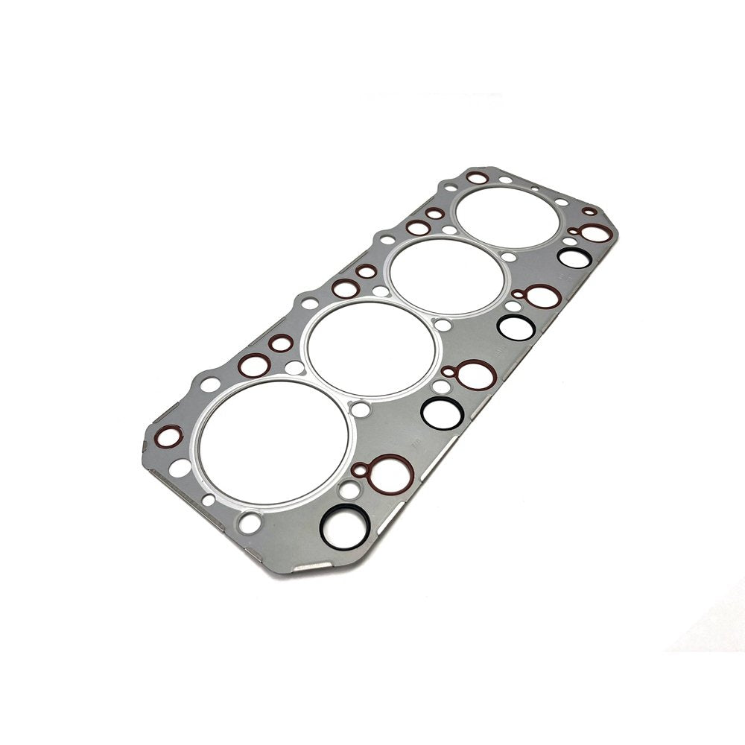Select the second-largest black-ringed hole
(x=440, y=410)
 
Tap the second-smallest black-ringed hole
(x=513, y=326)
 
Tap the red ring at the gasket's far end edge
(x=478, y=178)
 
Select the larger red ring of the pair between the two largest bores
(x=254, y=365)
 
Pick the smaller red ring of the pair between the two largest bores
(x=280, y=343)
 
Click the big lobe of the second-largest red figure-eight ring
(x=475, y=374)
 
